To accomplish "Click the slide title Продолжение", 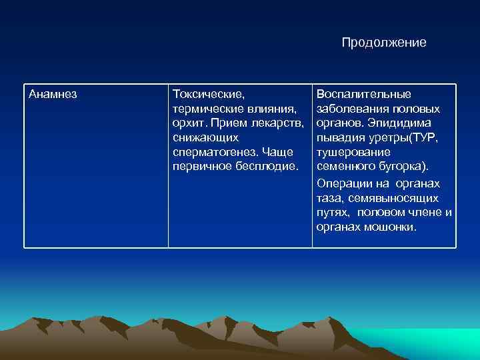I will click(x=384, y=43).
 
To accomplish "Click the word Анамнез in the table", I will click(x=53, y=94).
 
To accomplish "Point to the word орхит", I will click(x=185, y=123).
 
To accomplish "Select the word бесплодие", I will click(x=266, y=166).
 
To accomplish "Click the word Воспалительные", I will click(x=364, y=94).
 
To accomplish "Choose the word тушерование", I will click(x=349, y=152).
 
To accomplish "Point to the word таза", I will click(x=329, y=198).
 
